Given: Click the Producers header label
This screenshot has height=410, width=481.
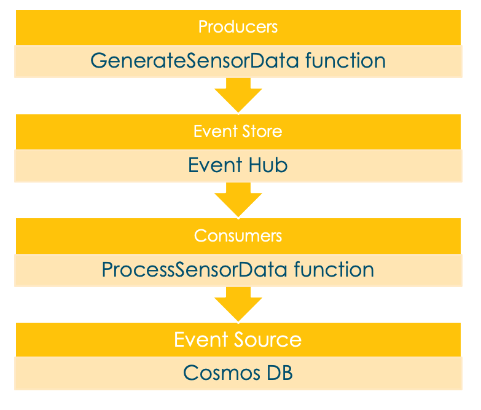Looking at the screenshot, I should point(238,27).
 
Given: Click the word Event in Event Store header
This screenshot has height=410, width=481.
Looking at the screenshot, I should point(213,132).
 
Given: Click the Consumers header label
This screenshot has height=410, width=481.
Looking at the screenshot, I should point(238,236).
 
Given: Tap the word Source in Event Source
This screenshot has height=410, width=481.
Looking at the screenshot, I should point(271,339).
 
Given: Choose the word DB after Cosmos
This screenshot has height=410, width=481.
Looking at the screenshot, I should point(278,373).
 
